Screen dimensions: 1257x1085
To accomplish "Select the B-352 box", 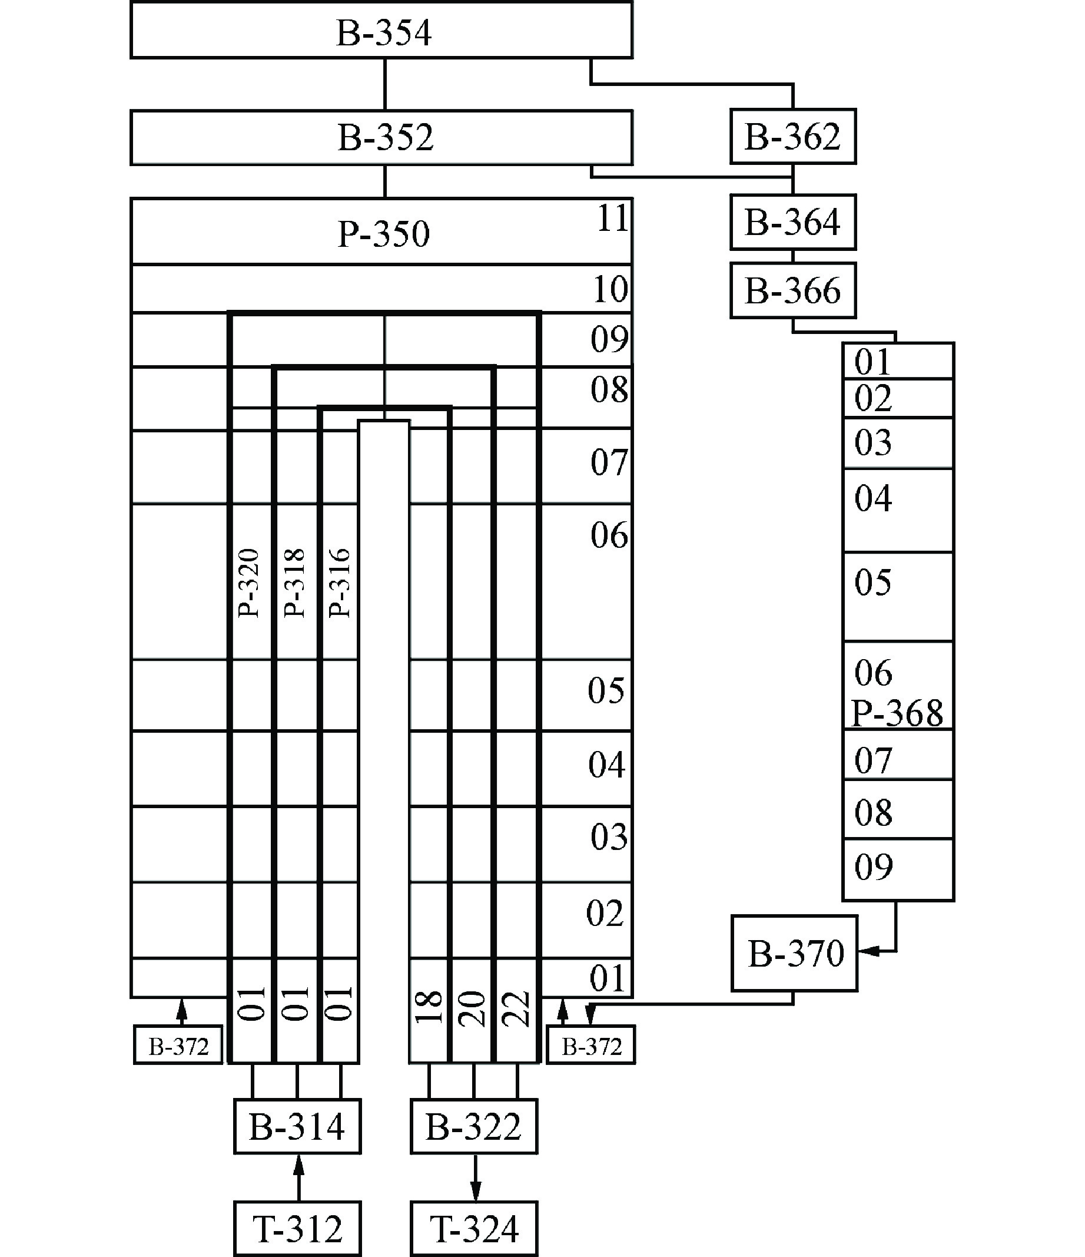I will [x=382, y=138].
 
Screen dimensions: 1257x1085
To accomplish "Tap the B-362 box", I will [x=792, y=137].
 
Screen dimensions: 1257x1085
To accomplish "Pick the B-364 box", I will [x=792, y=222].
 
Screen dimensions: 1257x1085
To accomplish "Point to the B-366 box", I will [x=792, y=290].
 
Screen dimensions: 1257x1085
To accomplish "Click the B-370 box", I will [x=795, y=954].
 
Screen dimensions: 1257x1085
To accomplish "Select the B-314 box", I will [x=297, y=1127].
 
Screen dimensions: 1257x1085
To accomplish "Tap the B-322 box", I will [x=474, y=1127].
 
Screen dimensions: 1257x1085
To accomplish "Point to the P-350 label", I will [x=383, y=234].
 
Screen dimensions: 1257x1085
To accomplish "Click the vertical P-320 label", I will [x=248, y=583].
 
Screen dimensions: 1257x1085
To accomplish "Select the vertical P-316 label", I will [x=339, y=583].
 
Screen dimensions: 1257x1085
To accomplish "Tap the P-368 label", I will [x=897, y=713].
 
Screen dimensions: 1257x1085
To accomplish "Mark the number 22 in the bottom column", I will [x=517, y=1009].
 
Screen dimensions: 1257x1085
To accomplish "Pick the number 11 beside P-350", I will [x=612, y=219].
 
